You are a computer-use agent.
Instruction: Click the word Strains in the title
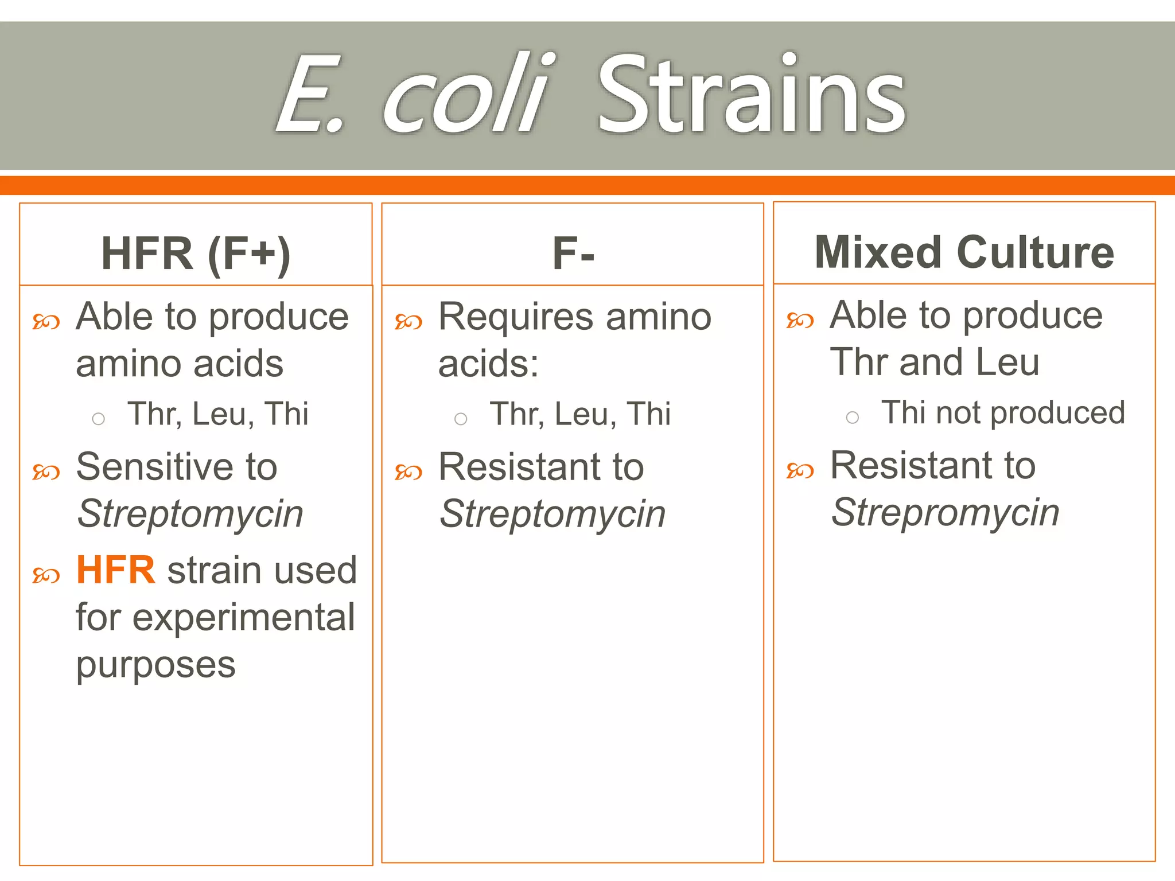pyautogui.click(x=751, y=95)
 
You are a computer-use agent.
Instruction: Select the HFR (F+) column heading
pyautogui.click(x=196, y=254)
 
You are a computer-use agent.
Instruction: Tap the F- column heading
pyautogui.click(x=573, y=254)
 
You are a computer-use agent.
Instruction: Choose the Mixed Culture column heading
pyautogui.click(x=964, y=252)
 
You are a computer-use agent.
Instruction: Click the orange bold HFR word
pyautogui.click(x=116, y=570)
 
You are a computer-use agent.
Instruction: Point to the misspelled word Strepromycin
pyautogui.click(x=945, y=512)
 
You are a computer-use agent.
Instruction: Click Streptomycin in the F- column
pyautogui.click(x=552, y=513)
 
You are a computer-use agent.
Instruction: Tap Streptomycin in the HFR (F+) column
pyautogui.click(x=190, y=513)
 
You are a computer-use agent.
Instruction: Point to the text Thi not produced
pyautogui.click(x=1003, y=412)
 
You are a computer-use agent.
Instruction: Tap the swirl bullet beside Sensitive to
pyautogui.click(x=46, y=472)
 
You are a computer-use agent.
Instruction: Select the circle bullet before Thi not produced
pyautogui.click(x=853, y=418)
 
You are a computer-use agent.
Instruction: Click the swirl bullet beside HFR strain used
pyautogui.click(x=46, y=575)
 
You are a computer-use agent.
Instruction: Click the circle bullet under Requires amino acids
pyautogui.click(x=461, y=419)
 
